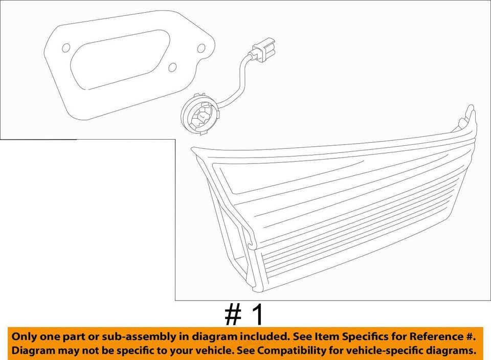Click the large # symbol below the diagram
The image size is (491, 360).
coord(234,316)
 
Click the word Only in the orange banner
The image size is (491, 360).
coord(25,337)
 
